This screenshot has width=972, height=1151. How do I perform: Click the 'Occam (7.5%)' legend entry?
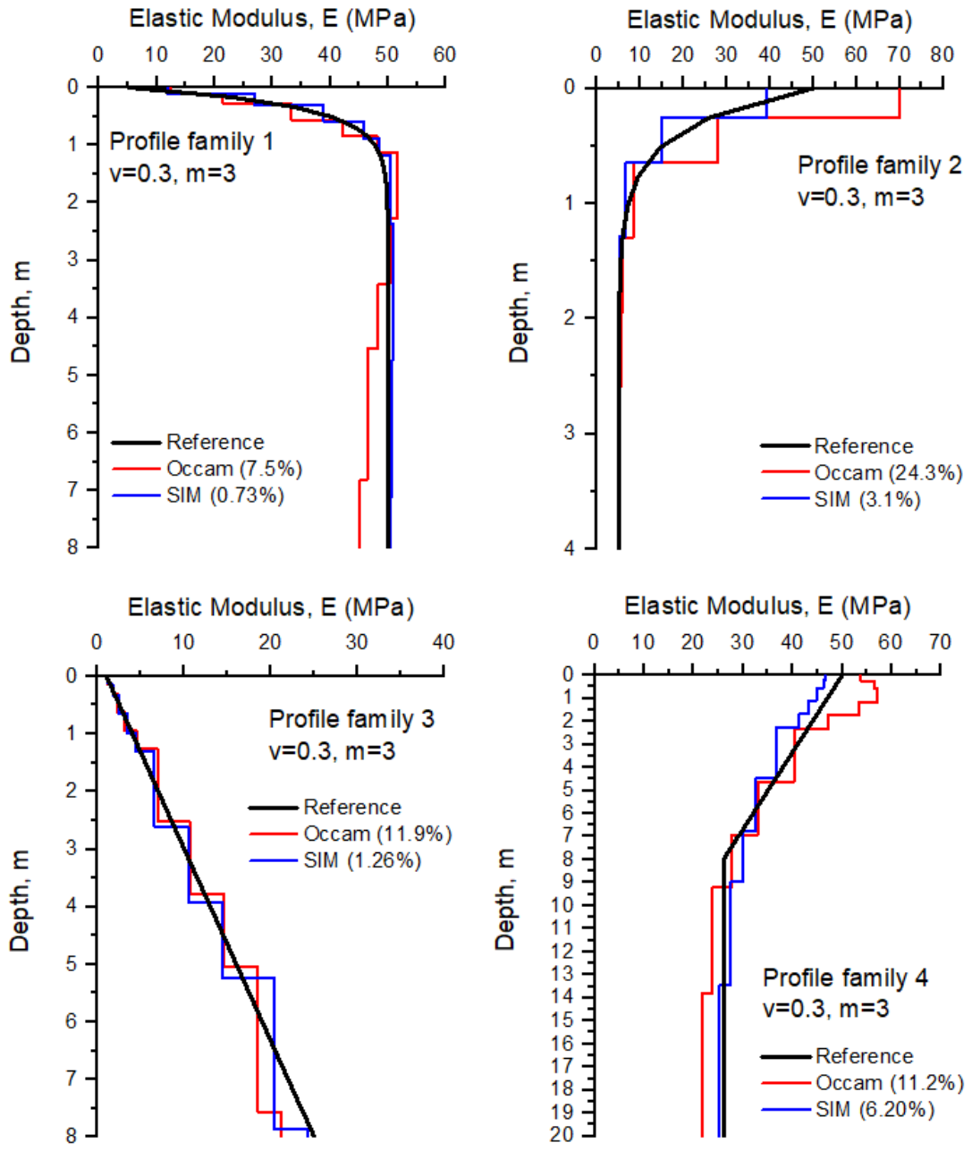(x=207, y=470)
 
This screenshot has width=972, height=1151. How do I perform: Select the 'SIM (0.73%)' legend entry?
(x=198, y=495)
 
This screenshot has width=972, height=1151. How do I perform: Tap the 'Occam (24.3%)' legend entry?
(x=862, y=473)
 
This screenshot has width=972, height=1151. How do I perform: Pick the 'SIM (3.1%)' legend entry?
(x=841, y=499)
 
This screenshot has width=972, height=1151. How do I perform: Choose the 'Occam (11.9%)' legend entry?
(x=351, y=834)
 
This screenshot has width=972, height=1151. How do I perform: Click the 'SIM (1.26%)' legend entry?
(x=335, y=860)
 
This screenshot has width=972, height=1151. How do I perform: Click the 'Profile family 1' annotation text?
(x=191, y=141)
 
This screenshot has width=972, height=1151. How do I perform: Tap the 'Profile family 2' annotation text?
(x=880, y=165)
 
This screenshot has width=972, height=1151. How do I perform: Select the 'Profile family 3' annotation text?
(x=351, y=719)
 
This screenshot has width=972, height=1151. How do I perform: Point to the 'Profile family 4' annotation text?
(x=845, y=978)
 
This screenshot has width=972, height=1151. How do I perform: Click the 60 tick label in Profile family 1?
(x=444, y=55)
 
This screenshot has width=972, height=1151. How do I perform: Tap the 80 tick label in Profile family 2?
(x=942, y=55)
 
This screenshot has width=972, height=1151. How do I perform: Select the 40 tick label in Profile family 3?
(x=444, y=642)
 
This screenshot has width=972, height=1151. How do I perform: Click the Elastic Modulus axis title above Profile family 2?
(x=770, y=21)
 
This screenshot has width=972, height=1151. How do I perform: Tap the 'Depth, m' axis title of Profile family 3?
(x=20, y=901)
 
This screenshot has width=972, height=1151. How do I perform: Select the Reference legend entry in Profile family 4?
(x=838, y=1056)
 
